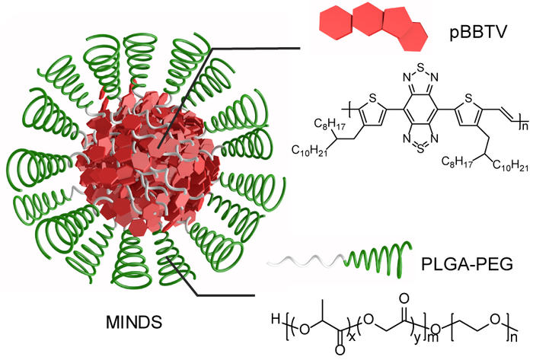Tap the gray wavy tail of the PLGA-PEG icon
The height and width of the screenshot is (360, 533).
pyautogui.click(x=305, y=263)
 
